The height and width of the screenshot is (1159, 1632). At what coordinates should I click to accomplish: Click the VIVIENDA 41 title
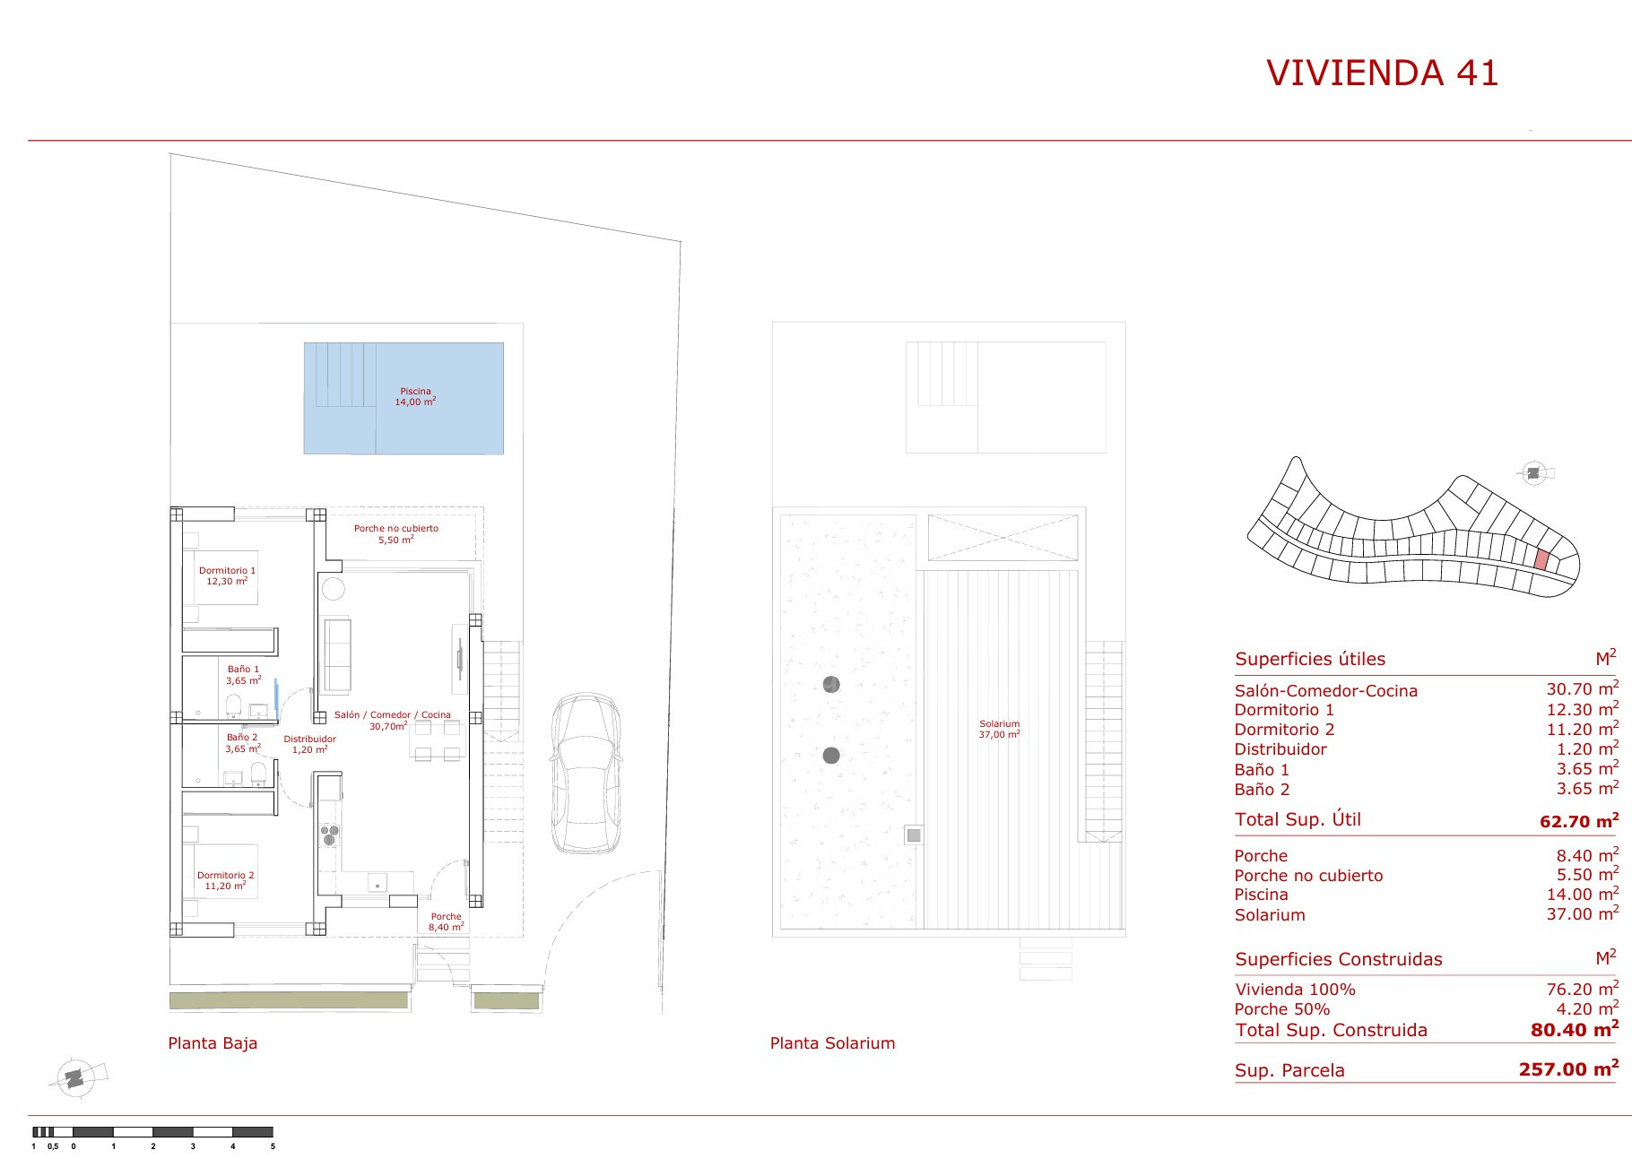[1382, 73]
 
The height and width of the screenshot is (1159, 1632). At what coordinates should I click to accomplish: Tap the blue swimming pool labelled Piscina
[404, 398]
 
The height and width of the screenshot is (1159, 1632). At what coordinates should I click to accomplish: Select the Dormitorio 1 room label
[227, 575]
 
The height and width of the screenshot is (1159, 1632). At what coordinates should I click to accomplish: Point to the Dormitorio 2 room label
[226, 880]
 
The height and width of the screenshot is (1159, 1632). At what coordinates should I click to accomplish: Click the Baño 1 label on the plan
[243, 674]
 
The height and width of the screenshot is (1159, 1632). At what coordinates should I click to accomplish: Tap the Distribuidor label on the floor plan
[309, 744]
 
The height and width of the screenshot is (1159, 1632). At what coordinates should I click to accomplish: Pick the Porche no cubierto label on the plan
[396, 533]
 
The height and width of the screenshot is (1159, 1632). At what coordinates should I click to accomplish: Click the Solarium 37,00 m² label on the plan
[999, 729]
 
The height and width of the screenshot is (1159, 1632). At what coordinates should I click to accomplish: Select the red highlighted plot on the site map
[1541, 559]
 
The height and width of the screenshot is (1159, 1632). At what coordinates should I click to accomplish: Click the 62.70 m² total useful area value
[1579, 819]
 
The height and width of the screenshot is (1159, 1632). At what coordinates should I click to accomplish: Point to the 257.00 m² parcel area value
[1568, 1068]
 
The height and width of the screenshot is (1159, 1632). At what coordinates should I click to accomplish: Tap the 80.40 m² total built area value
[1575, 1029]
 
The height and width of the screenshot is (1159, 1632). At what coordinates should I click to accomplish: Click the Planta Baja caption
[213, 1043]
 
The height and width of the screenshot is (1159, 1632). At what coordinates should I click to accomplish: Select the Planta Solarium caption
[832, 1043]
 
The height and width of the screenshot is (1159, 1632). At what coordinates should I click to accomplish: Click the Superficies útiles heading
[1310, 659]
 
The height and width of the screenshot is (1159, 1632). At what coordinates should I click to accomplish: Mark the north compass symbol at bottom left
[76, 1077]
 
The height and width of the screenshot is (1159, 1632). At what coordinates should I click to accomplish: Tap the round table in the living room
[333, 590]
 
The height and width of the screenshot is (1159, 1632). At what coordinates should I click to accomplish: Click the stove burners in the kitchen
[330, 835]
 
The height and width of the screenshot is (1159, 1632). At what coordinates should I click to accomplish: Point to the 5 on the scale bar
[273, 1146]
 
